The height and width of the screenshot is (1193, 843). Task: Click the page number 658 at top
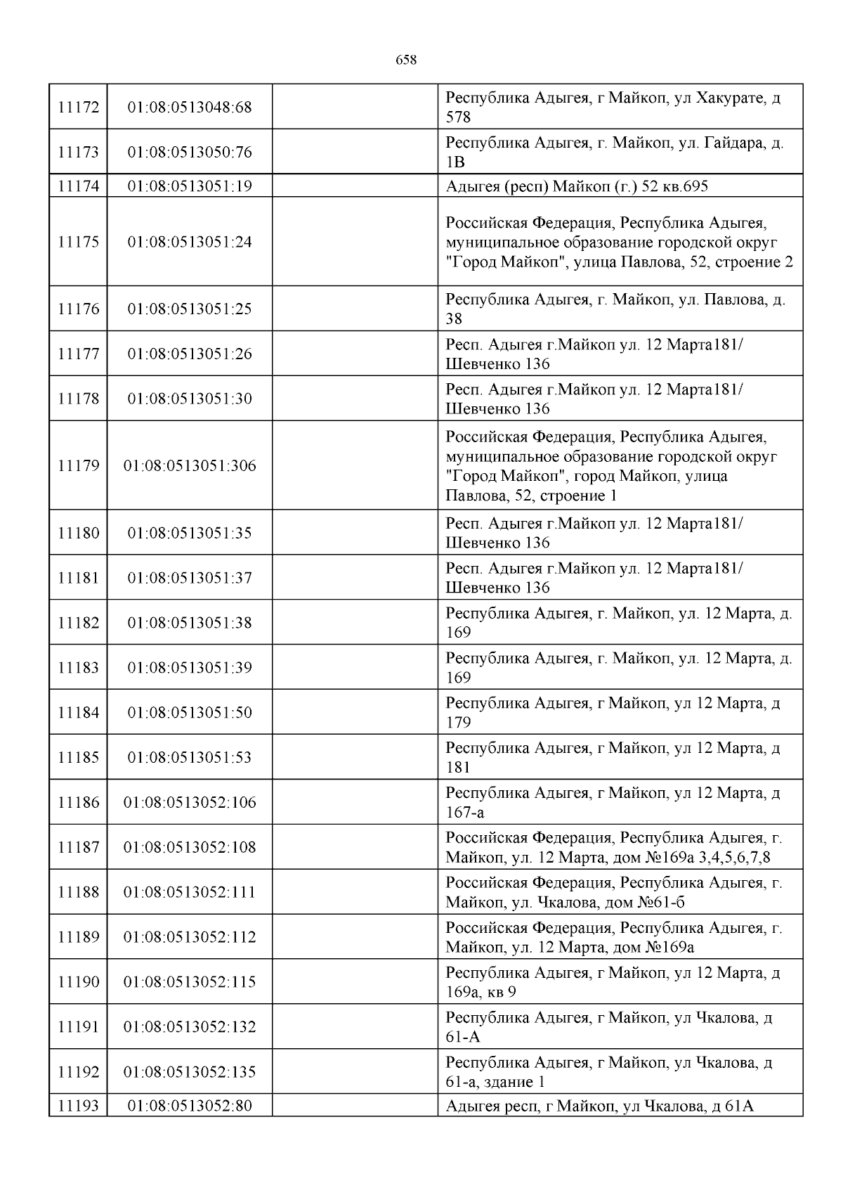point(406,60)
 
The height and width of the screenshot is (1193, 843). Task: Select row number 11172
point(78,108)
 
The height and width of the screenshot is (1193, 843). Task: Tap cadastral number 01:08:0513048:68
point(190,108)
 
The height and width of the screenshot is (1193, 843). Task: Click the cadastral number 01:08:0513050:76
point(190,153)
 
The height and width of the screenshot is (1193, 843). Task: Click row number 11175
point(78,242)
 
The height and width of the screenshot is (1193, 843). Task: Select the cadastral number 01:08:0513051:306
point(190,465)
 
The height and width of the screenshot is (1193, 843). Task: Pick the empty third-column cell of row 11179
point(355,465)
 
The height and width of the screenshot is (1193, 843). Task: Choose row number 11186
point(78,802)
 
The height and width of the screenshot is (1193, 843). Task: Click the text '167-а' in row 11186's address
point(465,813)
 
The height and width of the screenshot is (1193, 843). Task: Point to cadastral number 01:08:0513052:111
point(190,892)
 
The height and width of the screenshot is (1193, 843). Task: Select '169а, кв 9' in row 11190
point(481,993)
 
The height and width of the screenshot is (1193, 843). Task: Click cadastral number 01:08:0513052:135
point(190,1072)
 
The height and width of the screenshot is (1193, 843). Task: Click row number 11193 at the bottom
point(78,1106)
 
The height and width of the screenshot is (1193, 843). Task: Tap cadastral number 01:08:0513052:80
point(190,1106)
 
